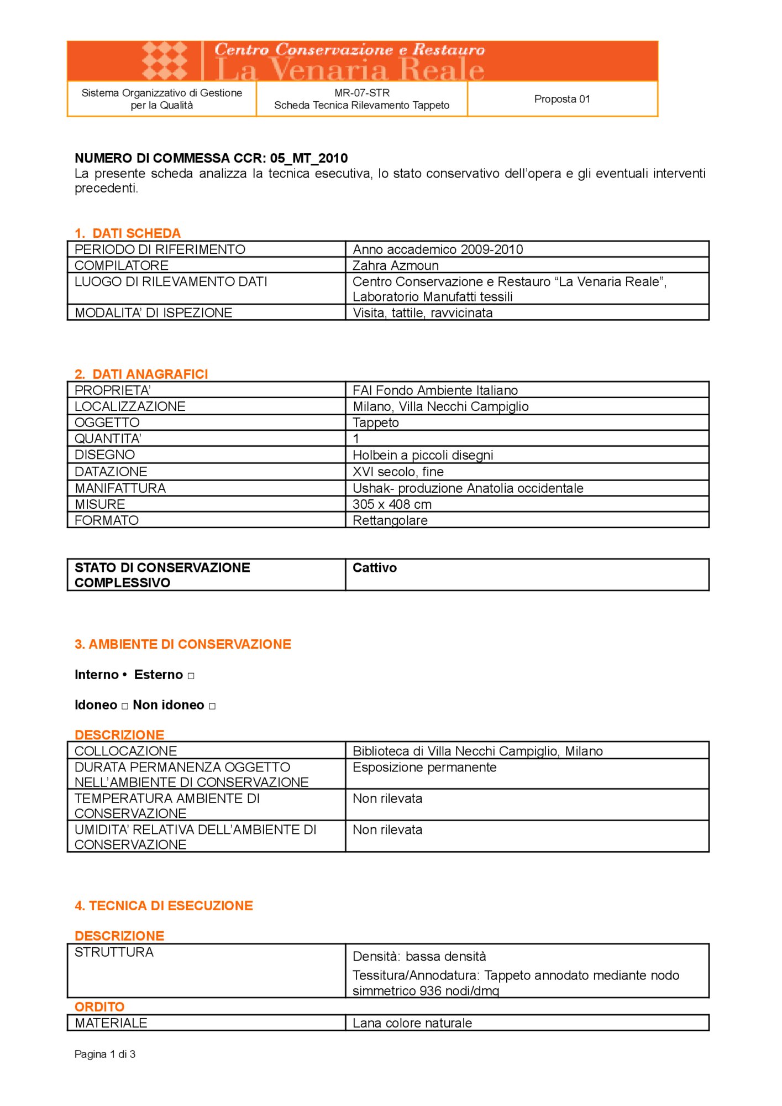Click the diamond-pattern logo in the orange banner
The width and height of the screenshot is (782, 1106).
click(x=165, y=61)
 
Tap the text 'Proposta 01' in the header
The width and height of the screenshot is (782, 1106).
click(x=561, y=99)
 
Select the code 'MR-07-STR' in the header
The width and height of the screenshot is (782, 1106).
click(x=362, y=93)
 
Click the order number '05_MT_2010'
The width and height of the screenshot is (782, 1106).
click(x=309, y=158)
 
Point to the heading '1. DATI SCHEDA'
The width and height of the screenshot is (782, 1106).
click(x=128, y=233)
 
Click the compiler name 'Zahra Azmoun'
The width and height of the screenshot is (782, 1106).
click(x=396, y=265)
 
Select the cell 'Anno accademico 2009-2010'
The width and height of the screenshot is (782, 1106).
click(x=438, y=249)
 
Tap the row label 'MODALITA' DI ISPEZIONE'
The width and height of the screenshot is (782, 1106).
click(x=153, y=313)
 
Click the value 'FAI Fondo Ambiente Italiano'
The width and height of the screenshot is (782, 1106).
click(x=435, y=390)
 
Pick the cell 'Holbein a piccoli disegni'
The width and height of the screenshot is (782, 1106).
click(x=423, y=455)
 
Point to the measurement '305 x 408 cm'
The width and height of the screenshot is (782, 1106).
click(x=392, y=504)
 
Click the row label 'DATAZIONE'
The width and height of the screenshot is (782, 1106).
click(x=111, y=472)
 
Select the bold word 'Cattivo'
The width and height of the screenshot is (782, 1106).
click(x=375, y=568)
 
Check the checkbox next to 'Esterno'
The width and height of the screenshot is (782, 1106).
click(x=191, y=676)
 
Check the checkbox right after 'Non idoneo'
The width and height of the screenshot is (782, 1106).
click(x=212, y=706)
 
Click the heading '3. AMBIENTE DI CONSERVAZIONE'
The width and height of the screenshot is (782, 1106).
click(x=183, y=644)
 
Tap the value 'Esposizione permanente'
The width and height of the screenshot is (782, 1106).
click(x=424, y=768)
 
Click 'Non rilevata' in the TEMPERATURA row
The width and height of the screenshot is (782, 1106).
click(x=387, y=799)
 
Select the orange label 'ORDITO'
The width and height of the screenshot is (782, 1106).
click(x=99, y=1006)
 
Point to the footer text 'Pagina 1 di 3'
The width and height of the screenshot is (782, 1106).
click(x=105, y=1054)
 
